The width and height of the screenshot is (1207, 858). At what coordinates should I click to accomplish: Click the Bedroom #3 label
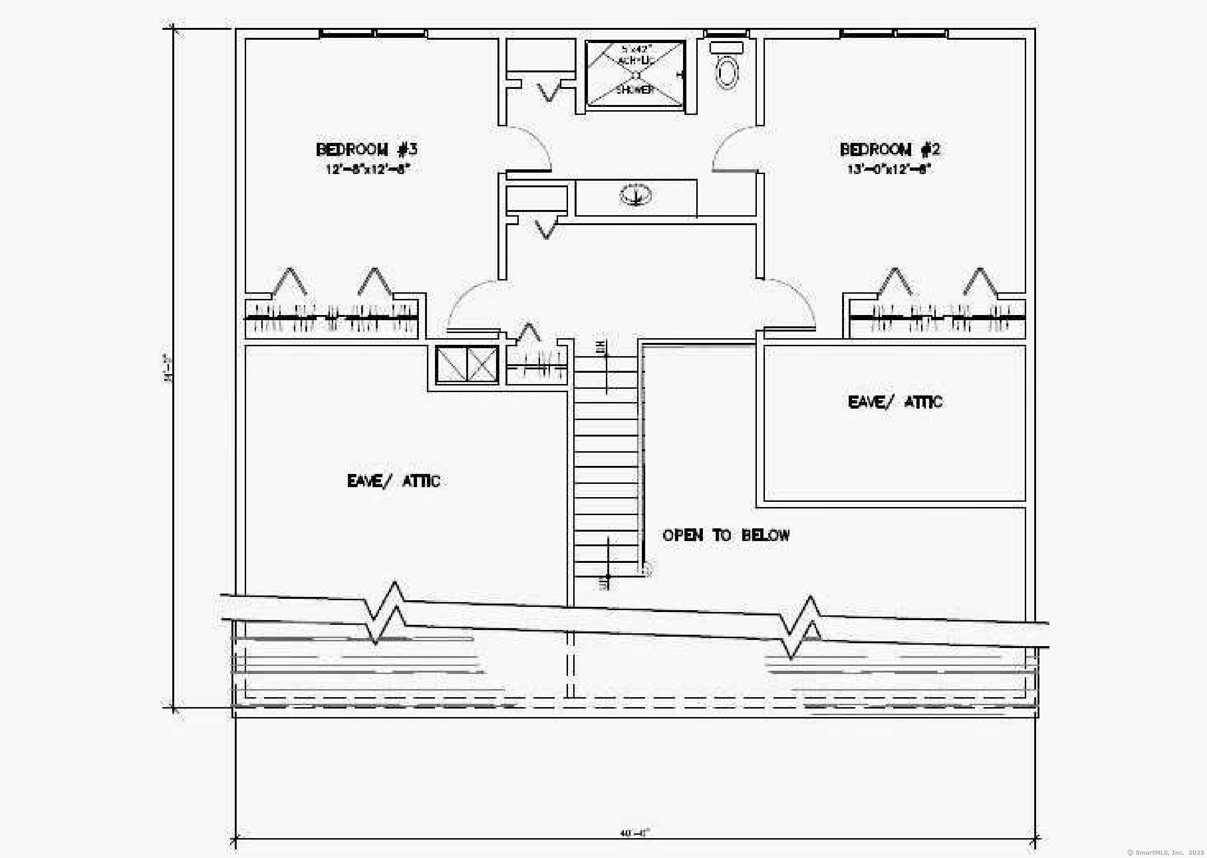click(x=366, y=149)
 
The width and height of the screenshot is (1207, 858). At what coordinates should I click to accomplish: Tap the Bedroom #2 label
click(x=890, y=149)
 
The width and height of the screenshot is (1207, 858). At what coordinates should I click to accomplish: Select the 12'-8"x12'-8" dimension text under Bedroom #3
click(x=368, y=170)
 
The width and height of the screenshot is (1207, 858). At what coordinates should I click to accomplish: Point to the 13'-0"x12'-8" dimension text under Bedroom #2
click(x=889, y=170)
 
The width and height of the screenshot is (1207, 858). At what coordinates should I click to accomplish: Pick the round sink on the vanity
click(x=636, y=195)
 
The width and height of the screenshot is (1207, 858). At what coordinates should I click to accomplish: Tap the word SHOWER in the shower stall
click(x=635, y=90)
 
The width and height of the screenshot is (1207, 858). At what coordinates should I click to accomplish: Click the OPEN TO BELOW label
click(x=727, y=535)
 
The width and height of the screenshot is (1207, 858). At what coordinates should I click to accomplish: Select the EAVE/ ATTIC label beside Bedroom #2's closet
click(x=895, y=402)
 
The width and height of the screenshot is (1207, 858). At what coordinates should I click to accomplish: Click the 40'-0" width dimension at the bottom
click(x=634, y=833)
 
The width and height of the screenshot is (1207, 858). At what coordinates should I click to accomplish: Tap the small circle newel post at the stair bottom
click(x=646, y=569)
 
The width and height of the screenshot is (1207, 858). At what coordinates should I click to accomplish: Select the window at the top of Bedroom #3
click(x=374, y=34)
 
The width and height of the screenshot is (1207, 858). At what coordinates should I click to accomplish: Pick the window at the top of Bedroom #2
click(x=894, y=34)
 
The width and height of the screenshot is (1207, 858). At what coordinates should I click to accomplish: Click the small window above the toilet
click(x=727, y=34)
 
